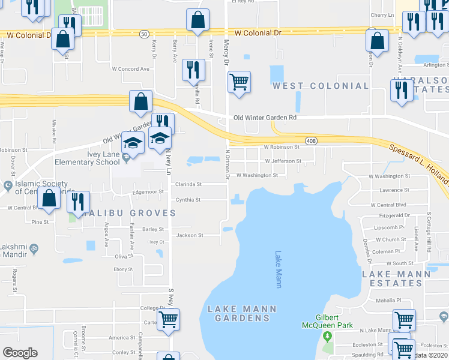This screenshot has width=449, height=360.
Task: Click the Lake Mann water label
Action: coord(278,269)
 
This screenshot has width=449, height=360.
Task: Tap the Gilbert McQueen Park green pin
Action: coord(328,335)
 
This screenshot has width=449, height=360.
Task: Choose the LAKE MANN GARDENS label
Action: coord(242,313)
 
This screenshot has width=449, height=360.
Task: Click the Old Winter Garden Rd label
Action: coord(265,118)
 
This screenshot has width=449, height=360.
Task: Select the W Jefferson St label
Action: coord(283,161)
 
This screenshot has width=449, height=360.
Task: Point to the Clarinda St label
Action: coord(188,184)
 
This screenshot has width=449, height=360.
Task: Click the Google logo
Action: coord(20,353)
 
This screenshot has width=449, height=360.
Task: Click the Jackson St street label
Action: coord(190,235)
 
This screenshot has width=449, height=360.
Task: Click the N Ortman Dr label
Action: coord(228,164)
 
